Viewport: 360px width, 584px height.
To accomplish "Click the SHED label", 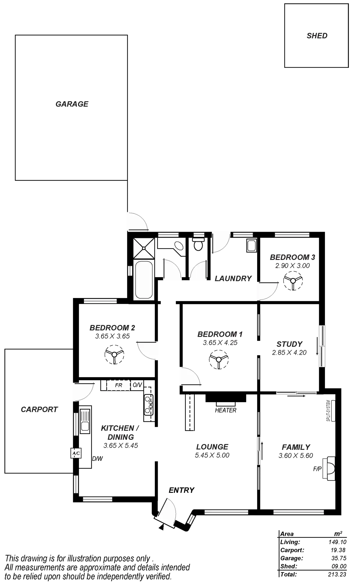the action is click(x=317, y=36).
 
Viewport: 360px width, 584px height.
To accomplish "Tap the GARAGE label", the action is click(x=72, y=104).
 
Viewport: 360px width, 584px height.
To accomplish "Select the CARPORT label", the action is click(x=39, y=409).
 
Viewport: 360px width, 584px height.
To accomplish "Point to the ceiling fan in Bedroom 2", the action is click(x=114, y=354).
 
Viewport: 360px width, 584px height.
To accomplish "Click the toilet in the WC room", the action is click(x=198, y=245).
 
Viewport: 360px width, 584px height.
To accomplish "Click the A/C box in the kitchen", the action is click(x=75, y=453).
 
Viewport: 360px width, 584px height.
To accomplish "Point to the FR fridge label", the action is click(x=118, y=385).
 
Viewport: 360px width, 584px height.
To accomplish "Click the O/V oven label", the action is click(x=137, y=385).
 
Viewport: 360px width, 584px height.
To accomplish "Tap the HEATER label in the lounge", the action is click(x=226, y=410).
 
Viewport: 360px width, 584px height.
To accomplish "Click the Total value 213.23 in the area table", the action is click(x=337, y=574).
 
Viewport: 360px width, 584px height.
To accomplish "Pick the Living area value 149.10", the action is click(x=337, y=542).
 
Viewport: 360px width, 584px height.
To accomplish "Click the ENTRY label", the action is click(x=181, y=490).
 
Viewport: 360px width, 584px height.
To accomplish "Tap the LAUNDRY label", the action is click(x=233, y=278).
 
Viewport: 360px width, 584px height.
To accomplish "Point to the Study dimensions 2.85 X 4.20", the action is click(x=289, y=353).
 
